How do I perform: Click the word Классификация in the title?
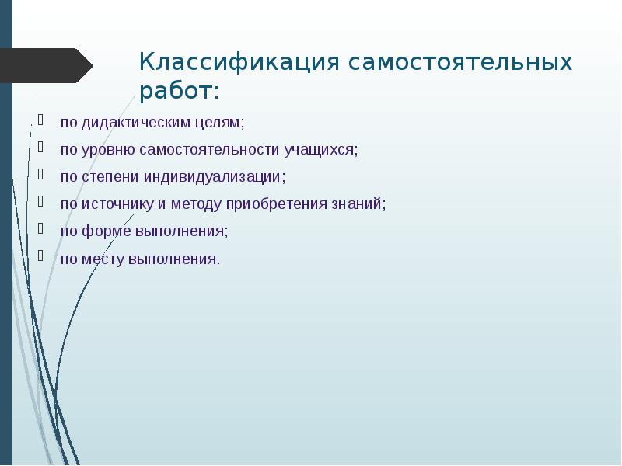tap(239, 62)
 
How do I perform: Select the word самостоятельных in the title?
tap(460, 62)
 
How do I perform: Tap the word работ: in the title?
tap(180, 92)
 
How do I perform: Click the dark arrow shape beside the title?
tap(47, 65)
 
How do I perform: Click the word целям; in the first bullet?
tap(220, 123)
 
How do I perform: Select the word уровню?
tap(108, 150)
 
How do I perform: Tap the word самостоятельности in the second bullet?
tap(209, 149)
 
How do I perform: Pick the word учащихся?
tap(321, 150)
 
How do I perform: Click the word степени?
tap(110, 177)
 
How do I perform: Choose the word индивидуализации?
tap(215, 177)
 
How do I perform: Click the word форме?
tap(107, 231)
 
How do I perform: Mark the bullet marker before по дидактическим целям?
tap(40, 120)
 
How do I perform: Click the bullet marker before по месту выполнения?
tap(40, 256)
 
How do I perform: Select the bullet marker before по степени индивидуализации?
tap(40, 174)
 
